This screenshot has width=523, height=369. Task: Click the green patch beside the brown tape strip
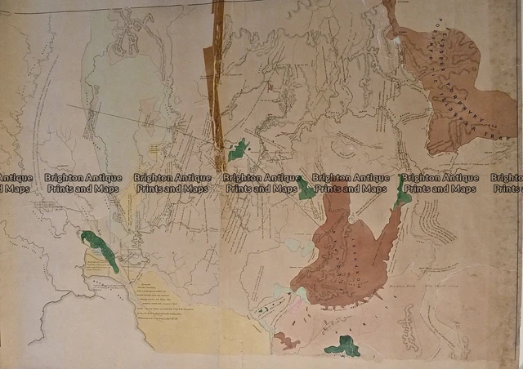238,150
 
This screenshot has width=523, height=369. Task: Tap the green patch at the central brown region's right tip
402,193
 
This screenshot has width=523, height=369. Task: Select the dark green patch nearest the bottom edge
342,349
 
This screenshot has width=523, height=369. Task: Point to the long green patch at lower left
101,251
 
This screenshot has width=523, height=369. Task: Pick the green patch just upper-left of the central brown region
306,189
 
